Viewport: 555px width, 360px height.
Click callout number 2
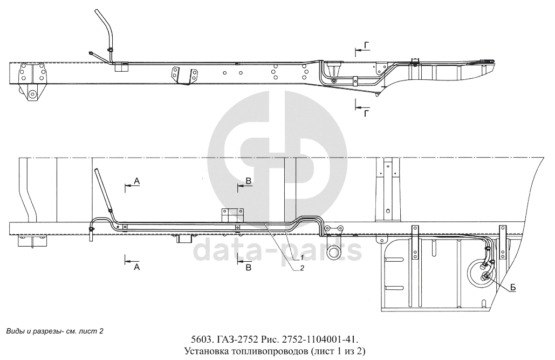pos(302,268)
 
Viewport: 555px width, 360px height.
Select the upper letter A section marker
pos(137,181)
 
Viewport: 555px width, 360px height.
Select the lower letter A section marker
pos(136,267)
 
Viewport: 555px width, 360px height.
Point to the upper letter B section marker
pos(249,181)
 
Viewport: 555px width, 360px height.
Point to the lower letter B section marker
pos(249,267)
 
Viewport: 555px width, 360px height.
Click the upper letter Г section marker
pos(367,45)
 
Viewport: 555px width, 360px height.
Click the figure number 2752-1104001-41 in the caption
pos(320,339)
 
